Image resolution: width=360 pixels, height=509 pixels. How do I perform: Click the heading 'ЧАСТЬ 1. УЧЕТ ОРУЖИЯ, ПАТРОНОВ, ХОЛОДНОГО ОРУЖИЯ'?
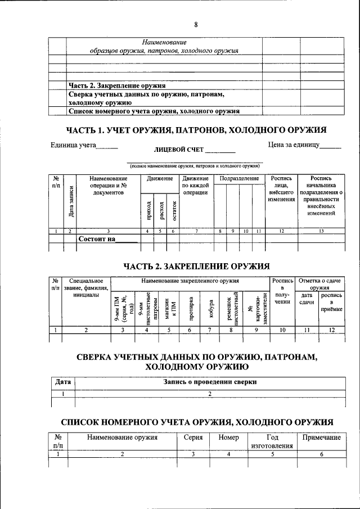[x=197, y=130]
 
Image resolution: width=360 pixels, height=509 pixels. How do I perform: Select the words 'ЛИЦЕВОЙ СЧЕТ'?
[x=178, y=151]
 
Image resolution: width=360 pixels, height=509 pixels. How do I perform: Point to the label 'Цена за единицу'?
[x=294, y=145]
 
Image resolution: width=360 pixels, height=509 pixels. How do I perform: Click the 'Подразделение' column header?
[x=239, y=178]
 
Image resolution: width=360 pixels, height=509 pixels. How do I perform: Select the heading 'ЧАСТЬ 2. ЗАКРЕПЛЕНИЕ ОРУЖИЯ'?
[x=196, y=266]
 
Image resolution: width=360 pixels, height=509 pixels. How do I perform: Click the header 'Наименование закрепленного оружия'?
[x=190, y=280]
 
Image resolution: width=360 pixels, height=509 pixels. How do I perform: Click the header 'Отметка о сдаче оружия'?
[x=319, y=284]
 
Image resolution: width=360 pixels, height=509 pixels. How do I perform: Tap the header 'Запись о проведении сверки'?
[x=210, y=382]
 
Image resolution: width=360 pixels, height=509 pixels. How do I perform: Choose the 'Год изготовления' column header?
[x=272, y=441]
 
